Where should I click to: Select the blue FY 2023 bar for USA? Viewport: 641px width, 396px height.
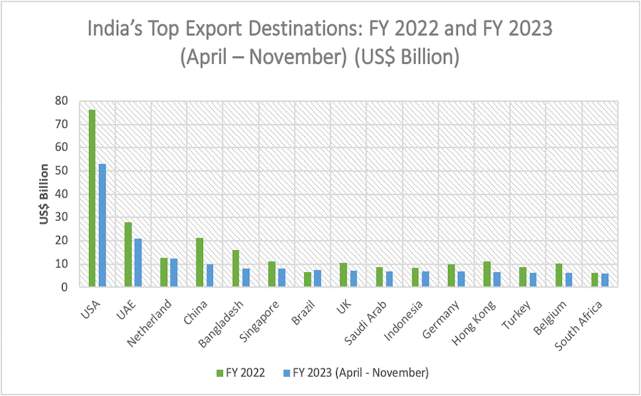click(x=102, y=225)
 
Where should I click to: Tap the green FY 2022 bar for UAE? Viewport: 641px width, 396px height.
click(x=127, y=254)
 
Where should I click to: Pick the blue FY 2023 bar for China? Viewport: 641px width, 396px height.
click(x=209, y=276)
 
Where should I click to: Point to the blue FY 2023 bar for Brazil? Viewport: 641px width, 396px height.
click(x=317, y=278)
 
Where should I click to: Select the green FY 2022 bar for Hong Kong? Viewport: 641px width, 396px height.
click(x=486, y=274)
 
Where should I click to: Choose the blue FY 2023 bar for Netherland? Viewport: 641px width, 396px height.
click(x=174, y=273)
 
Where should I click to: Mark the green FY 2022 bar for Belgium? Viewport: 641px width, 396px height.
click(x=558, y=275)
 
